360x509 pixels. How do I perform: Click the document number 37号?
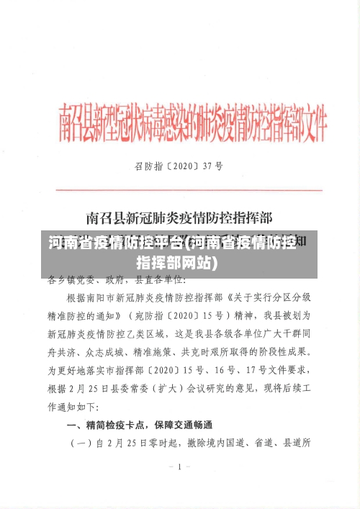[210, 166]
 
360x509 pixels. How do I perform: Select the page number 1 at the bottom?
[179, 467]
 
